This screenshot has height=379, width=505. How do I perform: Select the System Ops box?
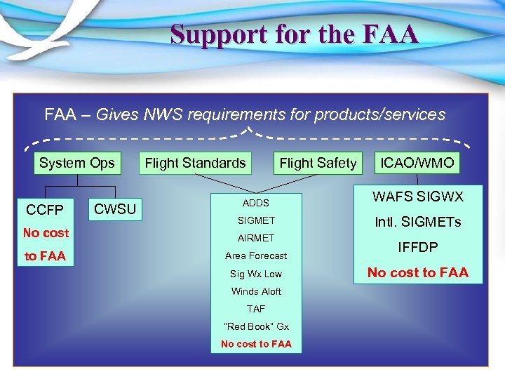pos(76,164)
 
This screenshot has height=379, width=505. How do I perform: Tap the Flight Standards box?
pos(195,164)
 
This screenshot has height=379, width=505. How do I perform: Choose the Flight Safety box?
pos(318,164)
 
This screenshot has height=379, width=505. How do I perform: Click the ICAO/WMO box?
pos(417,164)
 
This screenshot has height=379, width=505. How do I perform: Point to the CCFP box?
pos(45,210)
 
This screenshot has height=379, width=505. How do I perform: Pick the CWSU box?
pos(115,208)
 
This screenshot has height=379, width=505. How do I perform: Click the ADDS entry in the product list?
pos(256,203)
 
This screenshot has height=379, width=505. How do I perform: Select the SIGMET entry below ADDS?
pos(256,220)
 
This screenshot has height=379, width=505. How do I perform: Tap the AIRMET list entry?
pos(256,238)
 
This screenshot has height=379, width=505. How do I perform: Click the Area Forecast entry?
pos(256,255)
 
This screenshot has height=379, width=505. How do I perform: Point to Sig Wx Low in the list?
pos(256,274)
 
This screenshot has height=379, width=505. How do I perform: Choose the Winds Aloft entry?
pos(256,291)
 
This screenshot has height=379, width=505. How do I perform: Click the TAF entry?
pos(256,309)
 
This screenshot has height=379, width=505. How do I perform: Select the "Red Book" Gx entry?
pos(256,326)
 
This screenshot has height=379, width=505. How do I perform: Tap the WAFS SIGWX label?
pos(417,197)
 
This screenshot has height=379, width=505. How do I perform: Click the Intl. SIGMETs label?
pos(417,222)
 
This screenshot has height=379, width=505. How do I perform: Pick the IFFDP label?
pos(417,248)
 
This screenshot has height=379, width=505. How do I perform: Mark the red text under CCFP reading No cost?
pos(46,233)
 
